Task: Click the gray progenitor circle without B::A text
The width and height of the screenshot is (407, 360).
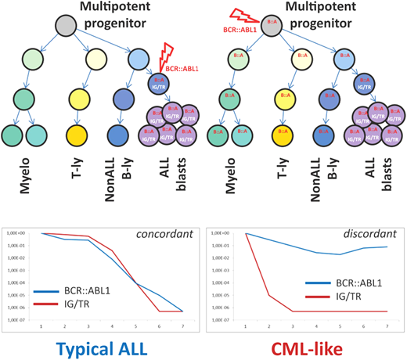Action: coord(67,24)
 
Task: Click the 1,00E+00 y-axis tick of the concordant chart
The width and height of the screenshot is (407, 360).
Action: coord(18,233)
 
